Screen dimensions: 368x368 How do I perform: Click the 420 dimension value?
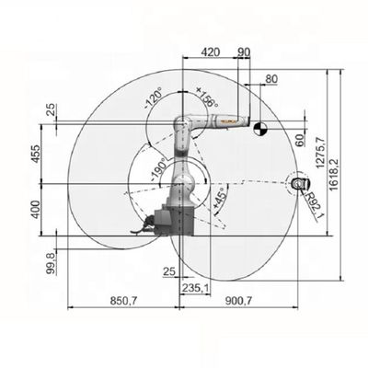click(x=211, y=52)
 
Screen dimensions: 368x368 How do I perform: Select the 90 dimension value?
click(x=244, y=52)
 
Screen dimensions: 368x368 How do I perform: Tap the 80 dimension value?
click(x=271, y=79)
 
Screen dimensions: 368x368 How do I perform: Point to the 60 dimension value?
click(x=300, y=140)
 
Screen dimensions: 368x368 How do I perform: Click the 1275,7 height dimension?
click(x=322, y=153)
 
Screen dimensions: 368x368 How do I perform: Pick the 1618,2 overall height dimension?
click(x=334, y=175)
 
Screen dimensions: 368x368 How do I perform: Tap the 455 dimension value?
click(x=36, y=154)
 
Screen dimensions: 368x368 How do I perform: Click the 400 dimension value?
click(x=36, y=210)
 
